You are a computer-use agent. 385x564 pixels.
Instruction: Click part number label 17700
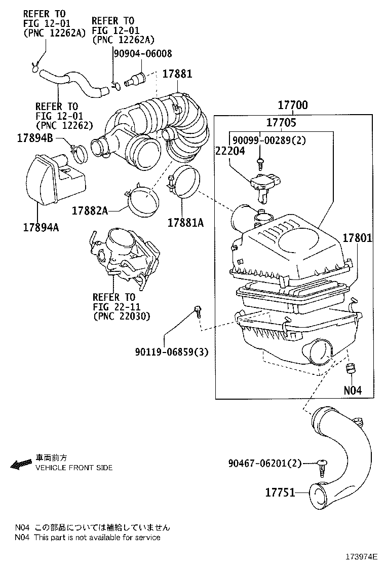pos(292,105)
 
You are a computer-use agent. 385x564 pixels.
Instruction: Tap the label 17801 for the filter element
pos(357,237)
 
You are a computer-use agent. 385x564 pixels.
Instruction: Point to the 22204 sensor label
pos(229,151)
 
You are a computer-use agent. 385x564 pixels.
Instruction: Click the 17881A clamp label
pos(186,222)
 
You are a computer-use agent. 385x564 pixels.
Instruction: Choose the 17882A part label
pos(90,210)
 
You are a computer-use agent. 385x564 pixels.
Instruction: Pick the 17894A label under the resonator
pos(41,227)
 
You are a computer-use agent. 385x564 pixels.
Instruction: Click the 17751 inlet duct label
pos(280,492)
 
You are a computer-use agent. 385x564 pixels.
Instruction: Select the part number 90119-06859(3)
pos(171,351)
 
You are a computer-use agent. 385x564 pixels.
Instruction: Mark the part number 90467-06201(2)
pos(264,463)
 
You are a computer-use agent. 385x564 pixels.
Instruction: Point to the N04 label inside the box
pos(353,391)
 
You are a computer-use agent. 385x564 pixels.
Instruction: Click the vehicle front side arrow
pos(21,464)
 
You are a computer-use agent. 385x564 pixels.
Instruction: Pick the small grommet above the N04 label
pos(349,369)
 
